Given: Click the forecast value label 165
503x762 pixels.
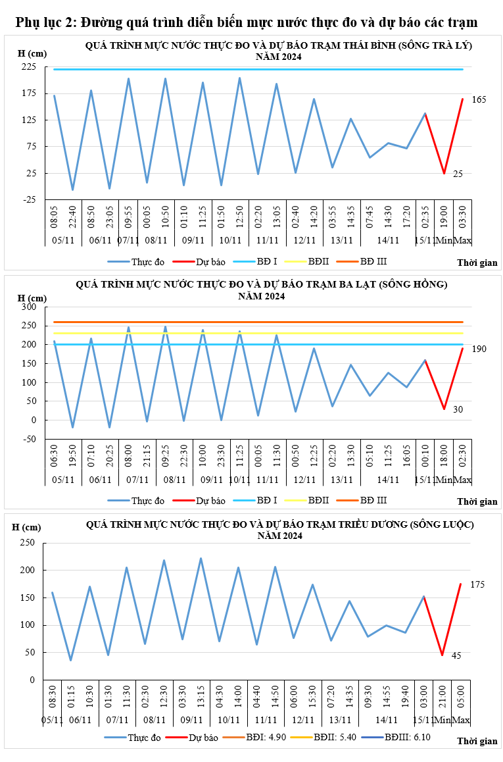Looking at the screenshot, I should (479, 99).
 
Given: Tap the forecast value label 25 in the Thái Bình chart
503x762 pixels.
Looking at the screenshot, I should (458, 174).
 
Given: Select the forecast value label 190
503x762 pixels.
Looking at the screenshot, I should (479, 349).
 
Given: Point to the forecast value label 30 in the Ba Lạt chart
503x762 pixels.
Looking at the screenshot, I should (458, 409).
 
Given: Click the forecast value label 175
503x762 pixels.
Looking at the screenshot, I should (477, 584).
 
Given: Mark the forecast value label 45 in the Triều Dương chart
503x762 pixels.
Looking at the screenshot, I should (456, 655).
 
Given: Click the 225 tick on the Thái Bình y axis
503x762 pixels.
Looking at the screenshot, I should (28, 67).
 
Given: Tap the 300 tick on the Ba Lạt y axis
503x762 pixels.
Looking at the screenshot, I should (30, 307).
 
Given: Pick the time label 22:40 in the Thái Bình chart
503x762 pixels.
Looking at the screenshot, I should (73, 216).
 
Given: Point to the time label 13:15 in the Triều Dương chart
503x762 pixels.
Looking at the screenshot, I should (201, 697).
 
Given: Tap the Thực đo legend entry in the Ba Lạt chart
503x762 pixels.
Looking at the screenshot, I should (147, 501).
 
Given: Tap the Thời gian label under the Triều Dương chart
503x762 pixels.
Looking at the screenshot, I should (477, 741).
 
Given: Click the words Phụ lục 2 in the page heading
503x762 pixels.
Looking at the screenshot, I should (44, 23).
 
